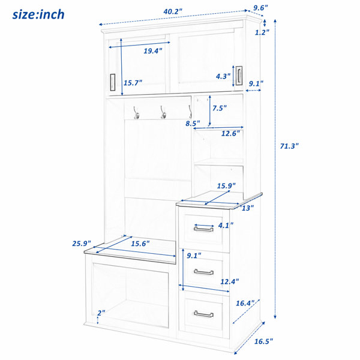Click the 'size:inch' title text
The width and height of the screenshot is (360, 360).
(38, 14)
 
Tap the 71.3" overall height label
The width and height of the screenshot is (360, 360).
(289, 146)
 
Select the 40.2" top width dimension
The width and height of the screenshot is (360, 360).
(173, 11)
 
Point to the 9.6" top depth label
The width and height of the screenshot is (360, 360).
(260, 8)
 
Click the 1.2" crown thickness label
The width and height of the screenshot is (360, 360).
(262, 32)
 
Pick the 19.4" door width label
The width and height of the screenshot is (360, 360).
(153, 51)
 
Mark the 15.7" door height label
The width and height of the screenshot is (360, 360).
(133, 83)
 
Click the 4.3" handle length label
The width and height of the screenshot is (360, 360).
(223, 76)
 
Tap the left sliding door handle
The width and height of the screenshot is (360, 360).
(113, 82)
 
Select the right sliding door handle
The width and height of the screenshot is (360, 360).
(239, 76)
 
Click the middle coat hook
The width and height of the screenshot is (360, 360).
(163, 113)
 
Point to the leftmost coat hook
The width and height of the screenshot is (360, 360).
(136, 113)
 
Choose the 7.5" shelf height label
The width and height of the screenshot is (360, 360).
(220, 108)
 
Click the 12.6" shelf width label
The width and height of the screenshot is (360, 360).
(230, 133)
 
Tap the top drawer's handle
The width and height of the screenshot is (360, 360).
(203, 229)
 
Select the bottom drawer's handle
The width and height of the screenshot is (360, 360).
(203, 314)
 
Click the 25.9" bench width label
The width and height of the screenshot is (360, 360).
(82, 244)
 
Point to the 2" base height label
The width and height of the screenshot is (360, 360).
(101, 313)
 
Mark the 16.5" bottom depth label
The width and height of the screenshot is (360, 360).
(263, 341)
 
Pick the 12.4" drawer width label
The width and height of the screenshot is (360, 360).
(230, 281)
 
